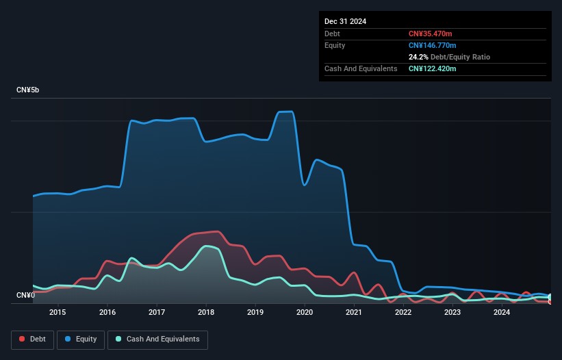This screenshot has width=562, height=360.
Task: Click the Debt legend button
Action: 33,339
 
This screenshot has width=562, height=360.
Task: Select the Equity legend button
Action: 81,339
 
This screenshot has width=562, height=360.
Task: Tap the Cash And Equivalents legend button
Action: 157,339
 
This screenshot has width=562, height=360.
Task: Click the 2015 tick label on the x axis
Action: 58,312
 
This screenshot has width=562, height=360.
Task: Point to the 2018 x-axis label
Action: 206,312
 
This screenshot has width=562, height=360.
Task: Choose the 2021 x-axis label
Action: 354,312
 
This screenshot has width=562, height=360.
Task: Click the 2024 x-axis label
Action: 502,312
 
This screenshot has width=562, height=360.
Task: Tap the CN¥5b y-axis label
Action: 27,90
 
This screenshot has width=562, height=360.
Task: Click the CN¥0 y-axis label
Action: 26,295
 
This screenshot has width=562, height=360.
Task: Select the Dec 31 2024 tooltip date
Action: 345,21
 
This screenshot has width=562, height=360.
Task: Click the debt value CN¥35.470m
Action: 430,34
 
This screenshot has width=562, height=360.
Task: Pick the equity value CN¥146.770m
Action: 432,45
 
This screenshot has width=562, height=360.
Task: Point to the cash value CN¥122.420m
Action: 432,68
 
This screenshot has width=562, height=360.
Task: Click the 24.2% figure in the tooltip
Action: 418,57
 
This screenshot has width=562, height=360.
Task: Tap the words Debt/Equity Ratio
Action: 460,57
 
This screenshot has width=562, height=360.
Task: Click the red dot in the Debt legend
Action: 22,339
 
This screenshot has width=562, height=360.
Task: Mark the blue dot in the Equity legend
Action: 68,339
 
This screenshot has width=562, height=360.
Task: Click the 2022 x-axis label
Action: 403,312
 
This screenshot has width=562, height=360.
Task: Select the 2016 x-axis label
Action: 107,312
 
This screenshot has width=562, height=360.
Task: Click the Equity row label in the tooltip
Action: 335,45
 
